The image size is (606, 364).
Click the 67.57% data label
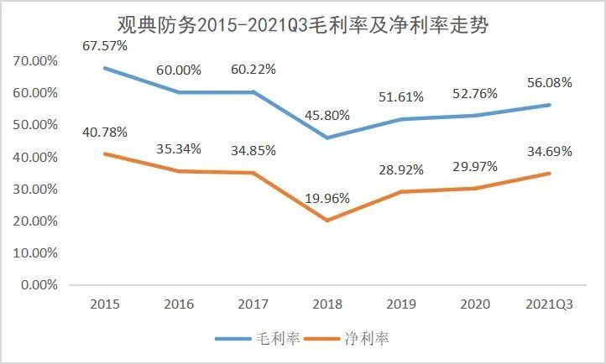pos(105,45)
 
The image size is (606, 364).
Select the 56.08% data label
pos(549,82)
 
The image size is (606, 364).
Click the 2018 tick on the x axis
pos(326,304)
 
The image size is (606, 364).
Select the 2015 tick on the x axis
pos(103,304)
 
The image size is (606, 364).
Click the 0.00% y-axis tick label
pos(39,285)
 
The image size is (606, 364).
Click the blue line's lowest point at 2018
pos(326,138)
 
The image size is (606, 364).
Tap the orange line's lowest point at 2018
pos(326,221)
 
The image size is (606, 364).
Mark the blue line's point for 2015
pos(103,67)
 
